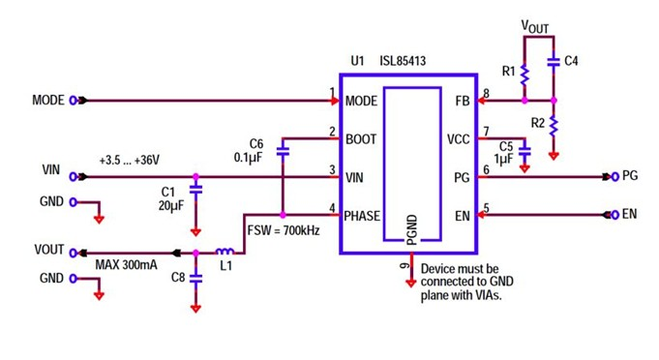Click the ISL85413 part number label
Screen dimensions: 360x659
[x=403, y=61]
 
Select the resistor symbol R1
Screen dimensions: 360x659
[x=524, y=75]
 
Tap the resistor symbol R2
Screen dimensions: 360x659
[x=554, y=124]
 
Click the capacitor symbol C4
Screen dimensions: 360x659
[x=554, y=61]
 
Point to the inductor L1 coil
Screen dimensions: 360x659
[x=224, y=251]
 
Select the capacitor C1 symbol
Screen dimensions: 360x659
[x=195, y=191]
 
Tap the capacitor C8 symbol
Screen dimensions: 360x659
[x=195, y=277]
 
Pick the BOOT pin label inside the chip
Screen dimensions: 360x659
[x=361, y=139]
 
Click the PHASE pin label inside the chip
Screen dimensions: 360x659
[x=363, y=216]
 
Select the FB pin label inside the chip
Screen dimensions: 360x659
[x=462, y=101]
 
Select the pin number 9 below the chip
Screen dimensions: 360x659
[x=404, y=264]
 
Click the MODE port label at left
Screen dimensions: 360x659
[x=48, y=100]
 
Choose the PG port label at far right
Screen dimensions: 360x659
[x=630, y=176]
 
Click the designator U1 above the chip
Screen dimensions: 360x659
[x=358, y=61]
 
